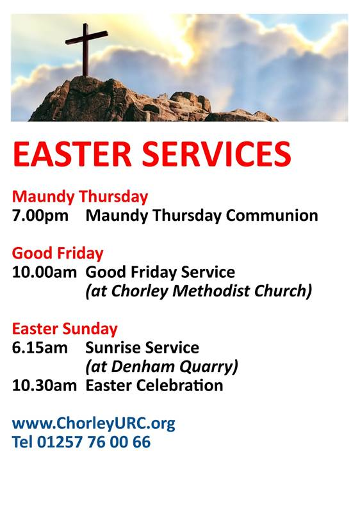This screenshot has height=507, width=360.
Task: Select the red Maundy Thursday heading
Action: [x=80, y=196]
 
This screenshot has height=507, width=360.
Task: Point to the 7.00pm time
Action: [x=40, y=216]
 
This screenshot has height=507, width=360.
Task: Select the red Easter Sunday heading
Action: [x=65, y=328]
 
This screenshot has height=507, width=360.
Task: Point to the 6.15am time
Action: [x=39, y=348]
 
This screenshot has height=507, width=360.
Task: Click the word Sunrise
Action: [x=111, y=348]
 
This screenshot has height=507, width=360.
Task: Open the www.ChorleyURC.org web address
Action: [x=94, y=423]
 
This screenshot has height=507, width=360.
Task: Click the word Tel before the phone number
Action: [x=23, y=442]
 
